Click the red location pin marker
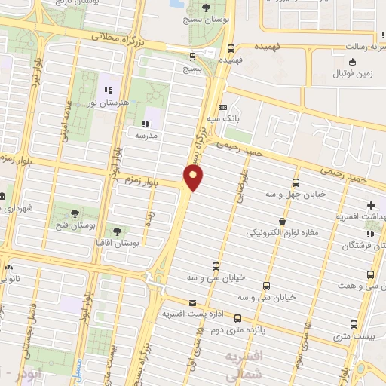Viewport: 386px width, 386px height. pyautogui.click(x=194, y=178)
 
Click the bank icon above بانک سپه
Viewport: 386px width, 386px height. pyautogui.click(x=222, y=107)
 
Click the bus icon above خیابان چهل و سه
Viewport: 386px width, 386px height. pyautogui.click(x=295, y=183)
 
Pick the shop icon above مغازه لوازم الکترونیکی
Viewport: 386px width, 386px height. pyautogui.click(x=281, y=222)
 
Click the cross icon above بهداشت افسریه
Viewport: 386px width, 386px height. pyautogui.click(x=370, y=205)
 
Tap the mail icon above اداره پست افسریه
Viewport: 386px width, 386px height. pyautogui.click(x=191, y=302)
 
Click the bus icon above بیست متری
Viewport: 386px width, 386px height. pyautogui.click(x=354, y=325)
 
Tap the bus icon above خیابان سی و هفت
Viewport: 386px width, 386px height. pyautogui.click(x=369, y=274)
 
